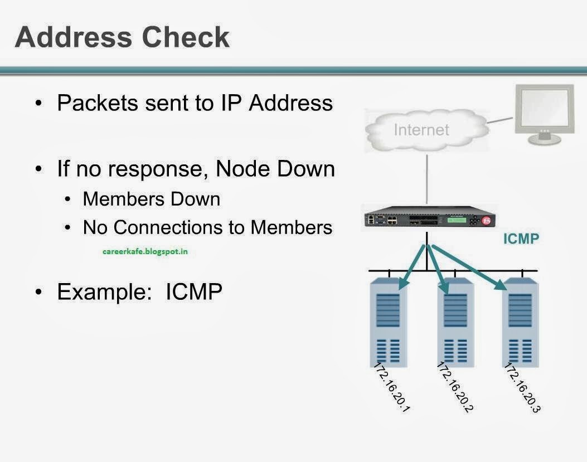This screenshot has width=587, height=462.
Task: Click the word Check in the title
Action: coord(186,37)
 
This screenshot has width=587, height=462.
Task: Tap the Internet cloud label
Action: coord(421,129)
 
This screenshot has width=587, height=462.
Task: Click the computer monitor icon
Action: coord(544,114)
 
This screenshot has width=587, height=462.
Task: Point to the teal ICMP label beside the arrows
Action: coord(521,239)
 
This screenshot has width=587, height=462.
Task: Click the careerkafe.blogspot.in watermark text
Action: coord(145,251)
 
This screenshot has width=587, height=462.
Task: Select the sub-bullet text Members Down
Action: coord(151,199)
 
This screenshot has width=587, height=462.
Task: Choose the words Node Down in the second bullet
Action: coord(274,169)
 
